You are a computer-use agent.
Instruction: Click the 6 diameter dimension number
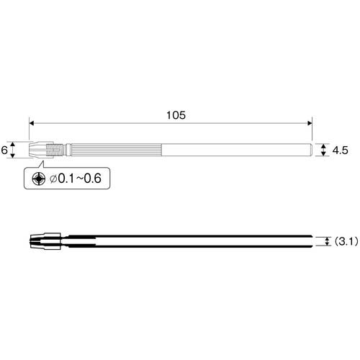5,150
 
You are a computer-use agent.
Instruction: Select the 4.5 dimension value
341,150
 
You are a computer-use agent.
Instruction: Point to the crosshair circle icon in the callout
37,178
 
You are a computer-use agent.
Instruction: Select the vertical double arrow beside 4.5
322,150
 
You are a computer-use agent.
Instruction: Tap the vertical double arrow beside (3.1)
328,243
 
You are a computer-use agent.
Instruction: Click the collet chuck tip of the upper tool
37,150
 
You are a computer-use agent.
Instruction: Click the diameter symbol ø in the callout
53,178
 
